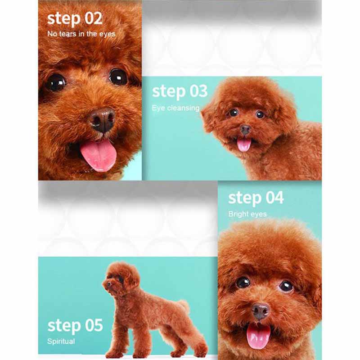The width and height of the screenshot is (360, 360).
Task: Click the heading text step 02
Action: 75,18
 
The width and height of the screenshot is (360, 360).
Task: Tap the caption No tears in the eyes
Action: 81,34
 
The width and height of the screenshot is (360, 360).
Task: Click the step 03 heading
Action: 180,91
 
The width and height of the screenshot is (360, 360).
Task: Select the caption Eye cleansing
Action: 175,108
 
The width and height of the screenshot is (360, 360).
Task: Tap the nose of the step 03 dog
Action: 245,130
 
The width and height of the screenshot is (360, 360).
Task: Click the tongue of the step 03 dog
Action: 244,144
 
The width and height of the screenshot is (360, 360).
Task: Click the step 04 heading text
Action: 256,198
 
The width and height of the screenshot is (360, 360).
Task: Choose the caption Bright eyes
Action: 247,214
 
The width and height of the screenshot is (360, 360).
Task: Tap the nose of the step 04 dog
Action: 261,311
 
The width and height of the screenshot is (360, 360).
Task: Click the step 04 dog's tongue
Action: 258,335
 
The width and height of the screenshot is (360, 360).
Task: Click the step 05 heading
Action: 75,325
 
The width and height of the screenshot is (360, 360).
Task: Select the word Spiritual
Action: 61,342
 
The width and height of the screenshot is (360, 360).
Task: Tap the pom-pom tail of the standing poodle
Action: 184,306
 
